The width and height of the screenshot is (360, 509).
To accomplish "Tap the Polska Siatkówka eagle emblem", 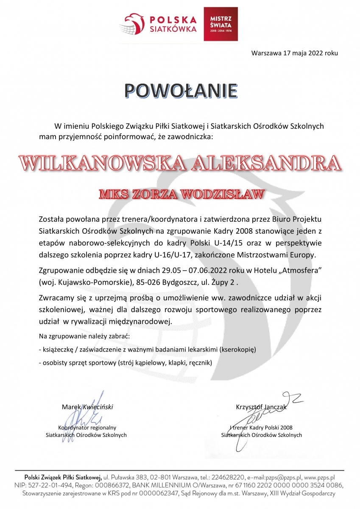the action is click(134, 23).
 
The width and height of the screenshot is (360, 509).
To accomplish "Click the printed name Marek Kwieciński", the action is click(87, 407).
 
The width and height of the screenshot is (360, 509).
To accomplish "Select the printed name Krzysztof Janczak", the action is click(262, 407).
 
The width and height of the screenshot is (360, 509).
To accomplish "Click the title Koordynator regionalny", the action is click(87, 428).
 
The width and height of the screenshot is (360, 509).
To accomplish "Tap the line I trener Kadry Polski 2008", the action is click(261, 428).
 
